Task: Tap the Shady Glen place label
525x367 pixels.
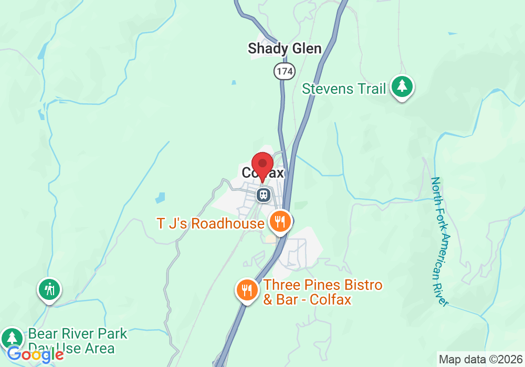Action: point(285,49)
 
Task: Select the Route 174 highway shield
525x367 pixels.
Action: point(284,71)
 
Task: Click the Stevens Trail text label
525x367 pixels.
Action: point(344,89)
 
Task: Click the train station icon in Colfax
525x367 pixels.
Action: point(264,195)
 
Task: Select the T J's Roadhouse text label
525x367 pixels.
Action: point(210,224)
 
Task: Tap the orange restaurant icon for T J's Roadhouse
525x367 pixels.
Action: point(280,221)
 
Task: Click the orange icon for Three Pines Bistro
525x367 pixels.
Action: point(247,289)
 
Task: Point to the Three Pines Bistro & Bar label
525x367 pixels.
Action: point(322,293)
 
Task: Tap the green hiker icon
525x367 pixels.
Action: point(49,289)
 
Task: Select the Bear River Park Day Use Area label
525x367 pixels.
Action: point(77,340)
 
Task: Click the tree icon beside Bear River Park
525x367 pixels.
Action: point(12,337)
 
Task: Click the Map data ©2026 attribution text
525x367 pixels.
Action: point(480,360)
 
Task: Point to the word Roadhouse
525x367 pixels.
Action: point(227,224)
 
